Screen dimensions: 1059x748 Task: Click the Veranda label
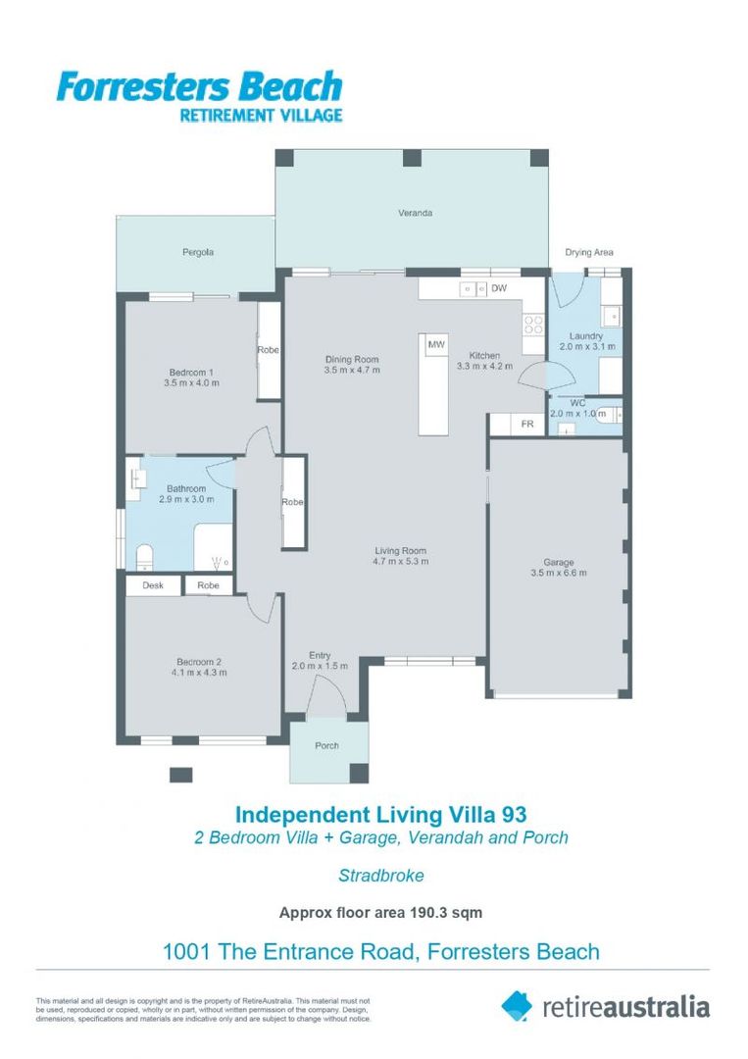415,213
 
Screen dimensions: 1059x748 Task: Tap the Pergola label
197,252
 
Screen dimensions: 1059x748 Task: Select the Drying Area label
588,252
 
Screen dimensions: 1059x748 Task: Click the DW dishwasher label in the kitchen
498,288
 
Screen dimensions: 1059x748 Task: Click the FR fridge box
526,425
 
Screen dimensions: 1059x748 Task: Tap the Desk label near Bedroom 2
153,585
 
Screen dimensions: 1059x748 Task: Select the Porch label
326,745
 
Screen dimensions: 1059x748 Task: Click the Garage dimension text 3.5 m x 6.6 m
558,574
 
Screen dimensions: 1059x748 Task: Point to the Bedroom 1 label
192,372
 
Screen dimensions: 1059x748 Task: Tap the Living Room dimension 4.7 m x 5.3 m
400,562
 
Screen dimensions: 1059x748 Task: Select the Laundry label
586,336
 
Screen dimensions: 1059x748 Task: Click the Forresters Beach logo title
199,87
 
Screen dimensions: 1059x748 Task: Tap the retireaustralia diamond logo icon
517,1005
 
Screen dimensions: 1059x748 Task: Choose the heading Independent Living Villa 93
381,814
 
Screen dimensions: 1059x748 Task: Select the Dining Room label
352,359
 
